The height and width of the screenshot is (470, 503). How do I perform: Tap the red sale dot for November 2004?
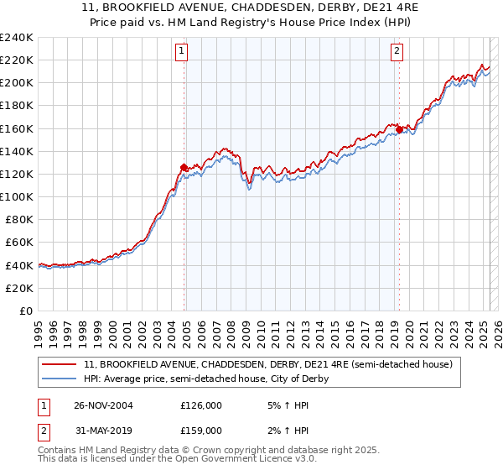184,166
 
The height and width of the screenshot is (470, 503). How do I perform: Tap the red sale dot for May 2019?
399,129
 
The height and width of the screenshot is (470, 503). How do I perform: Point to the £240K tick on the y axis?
17,38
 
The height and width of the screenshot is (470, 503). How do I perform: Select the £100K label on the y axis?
17,196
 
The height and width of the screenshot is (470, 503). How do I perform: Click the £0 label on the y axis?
25,311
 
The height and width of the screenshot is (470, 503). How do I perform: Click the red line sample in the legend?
60,364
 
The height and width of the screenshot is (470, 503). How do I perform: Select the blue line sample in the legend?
60,379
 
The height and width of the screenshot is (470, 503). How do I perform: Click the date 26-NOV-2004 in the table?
103,405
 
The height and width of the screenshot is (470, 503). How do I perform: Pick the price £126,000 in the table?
201,405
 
